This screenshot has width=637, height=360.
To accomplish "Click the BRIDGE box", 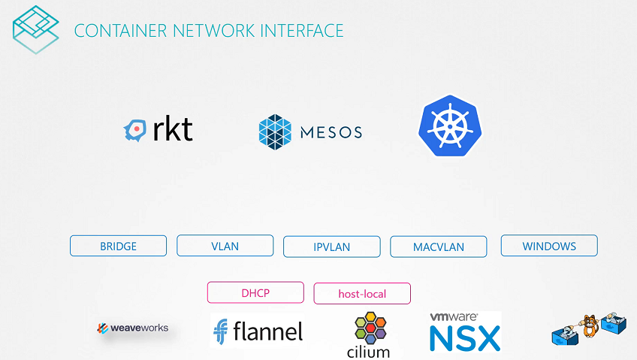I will click(x=118, y=246).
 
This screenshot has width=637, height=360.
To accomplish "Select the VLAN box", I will click(x=225, y=246).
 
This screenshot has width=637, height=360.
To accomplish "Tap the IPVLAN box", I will click(x=331, y=247).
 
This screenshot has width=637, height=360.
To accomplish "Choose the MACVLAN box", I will click(x=438, y=247).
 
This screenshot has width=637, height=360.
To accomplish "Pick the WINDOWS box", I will click(x=549, y=246).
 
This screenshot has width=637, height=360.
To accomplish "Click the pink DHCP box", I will click(x=255, y=292).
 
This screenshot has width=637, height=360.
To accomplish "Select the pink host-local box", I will click(x=362, y=293).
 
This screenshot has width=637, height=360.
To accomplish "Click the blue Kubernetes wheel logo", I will click(x=450, y=126).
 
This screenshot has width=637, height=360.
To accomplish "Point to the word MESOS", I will click(x=331, y=132).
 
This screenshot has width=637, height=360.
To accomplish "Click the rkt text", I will click(x=172, y=130).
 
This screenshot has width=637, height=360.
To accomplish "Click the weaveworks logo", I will click(x=133, y=328).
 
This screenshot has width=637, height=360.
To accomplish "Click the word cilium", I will click(x=369, y=351).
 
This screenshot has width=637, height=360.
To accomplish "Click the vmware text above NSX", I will click(x=454, y=318).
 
